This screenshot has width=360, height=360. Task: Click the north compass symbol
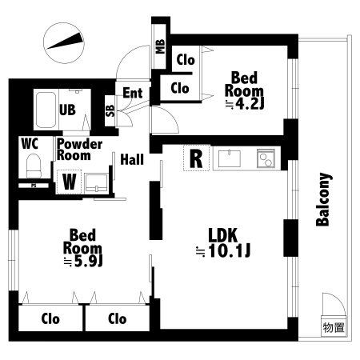pyautogui.click(x=64, y=43)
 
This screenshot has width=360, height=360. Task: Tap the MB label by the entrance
pyautogui.click(x=160, y=46)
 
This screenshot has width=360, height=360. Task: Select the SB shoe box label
pyautogui.click(x=110, y=110)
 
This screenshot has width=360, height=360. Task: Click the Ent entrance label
pyautogui.click(x=133, y=93)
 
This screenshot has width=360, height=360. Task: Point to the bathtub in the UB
pyautogui.click(x=46, y=110)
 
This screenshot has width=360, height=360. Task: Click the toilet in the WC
pyautogui.click(x=34, y=166)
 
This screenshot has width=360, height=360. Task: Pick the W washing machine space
pyautogui.click(x=69, y=182)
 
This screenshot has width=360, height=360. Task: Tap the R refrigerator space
pyautogui.click(x=196, y=158)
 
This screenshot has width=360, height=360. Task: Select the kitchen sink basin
pyautogui.click(x=230, y=158)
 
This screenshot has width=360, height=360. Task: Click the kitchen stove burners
pyautogui.click(x=266, y=158)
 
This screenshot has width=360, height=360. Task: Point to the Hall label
pyautogui.click(x=132, y=159)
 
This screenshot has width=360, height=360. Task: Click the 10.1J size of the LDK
pyautogui.click(x=229, y=250)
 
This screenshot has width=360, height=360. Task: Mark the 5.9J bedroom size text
pyautogui.click(x=88, y=262)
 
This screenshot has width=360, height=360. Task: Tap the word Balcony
pyautogui.click(x=323, y=199)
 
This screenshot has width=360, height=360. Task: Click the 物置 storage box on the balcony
pyautogui.click(x=334, y=327)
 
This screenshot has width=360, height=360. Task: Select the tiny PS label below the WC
pyautogui.click(x=34, y=186)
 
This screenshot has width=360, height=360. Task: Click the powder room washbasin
pyautogui.click(x=96, y=183)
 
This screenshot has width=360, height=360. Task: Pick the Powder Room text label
pyautogui.click(x=79, y=150)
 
